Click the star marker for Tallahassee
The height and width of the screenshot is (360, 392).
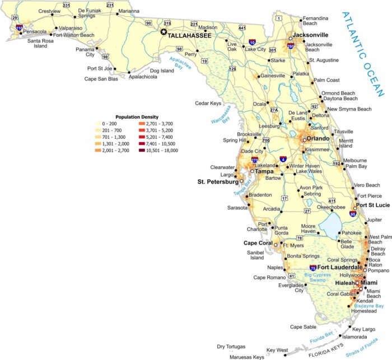click(164, 32)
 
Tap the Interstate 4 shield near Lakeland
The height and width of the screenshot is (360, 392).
click(283, 159)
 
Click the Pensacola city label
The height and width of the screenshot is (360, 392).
click(35, 32)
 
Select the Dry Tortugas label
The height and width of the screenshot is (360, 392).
click(232, 347)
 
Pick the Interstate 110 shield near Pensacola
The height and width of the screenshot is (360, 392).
click(20, 27)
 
